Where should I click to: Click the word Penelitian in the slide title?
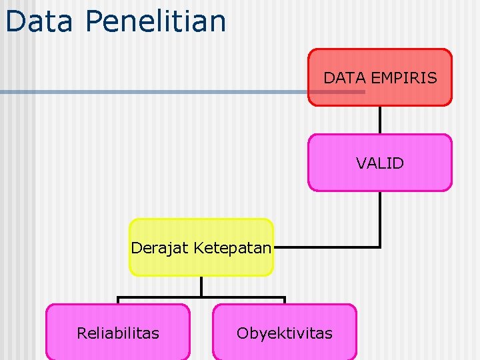[155, 21]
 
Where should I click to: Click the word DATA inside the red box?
[343, 78]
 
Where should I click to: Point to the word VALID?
[379, 163]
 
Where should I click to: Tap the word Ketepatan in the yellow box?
[233, 249]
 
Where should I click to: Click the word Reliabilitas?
[118, 333]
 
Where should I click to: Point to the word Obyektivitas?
[285, 333]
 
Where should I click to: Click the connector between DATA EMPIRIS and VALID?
[379, 120]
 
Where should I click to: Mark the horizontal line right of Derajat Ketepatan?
[327, 247]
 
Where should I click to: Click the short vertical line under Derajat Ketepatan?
[201, 287]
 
